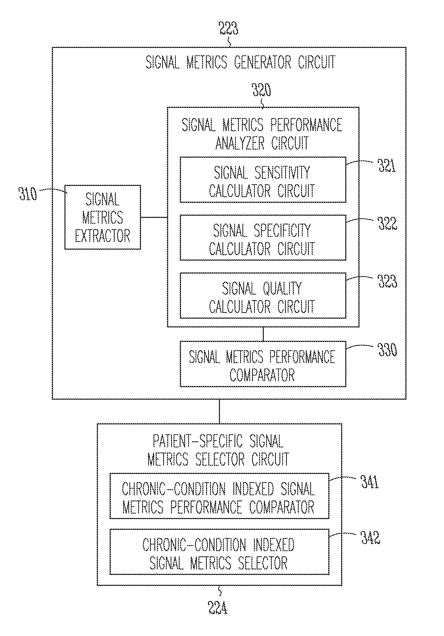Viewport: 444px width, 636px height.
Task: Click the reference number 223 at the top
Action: pos(228,28)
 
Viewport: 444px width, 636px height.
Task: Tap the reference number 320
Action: pos(261,90)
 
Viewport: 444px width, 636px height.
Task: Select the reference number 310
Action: pos(28,194)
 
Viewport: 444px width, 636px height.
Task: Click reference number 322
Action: pos(388,223)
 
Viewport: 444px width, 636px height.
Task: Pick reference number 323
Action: pos(388,281)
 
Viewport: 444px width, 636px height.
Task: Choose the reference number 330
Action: pos(388,350)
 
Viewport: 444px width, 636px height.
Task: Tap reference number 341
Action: pos(370,482)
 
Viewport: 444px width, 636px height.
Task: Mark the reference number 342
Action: pos(370,538)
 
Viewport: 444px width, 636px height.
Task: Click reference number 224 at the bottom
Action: pos(218,608)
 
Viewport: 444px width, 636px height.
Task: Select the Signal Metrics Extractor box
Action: pos(102,217)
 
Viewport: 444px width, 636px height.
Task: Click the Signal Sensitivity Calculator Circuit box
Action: pos(262,180)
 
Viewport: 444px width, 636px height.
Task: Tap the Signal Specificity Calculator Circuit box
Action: pos(262,238)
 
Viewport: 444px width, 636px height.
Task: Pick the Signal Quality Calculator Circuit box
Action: pos(262,296)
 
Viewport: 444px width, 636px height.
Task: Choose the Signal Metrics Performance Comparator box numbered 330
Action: pos(262,364)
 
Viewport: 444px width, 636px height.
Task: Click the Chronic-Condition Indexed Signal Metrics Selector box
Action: pos(219,552)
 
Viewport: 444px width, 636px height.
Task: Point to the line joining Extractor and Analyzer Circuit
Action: pos(154,217)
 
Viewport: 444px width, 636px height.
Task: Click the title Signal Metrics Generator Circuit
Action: pos(240,62)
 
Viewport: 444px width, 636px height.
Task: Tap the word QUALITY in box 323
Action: pos(282,288)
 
